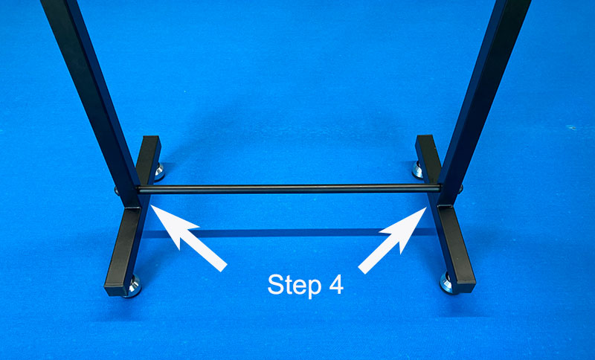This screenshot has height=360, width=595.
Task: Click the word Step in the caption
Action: point(294,286)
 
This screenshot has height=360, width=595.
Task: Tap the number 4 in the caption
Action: point(336,284)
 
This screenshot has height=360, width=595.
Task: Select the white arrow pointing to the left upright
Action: point(189,238)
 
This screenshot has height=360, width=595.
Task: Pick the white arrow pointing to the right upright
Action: point(393,240)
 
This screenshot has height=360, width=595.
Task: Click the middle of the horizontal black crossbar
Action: point(289,188)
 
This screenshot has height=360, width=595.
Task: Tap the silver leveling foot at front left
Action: point(133,287)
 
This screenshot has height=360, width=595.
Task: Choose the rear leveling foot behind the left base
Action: point(159,172)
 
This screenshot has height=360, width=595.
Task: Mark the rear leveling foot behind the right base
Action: point(418,170)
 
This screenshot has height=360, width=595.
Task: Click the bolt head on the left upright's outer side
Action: point(117,190)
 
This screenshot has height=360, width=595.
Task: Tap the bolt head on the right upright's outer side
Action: point(460,188)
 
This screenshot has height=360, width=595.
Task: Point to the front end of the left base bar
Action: point(115,290)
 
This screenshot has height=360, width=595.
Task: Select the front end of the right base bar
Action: point(465,287)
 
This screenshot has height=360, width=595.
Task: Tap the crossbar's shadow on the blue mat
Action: point(289,232)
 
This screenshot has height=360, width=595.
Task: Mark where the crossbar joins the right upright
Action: point(440,188)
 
